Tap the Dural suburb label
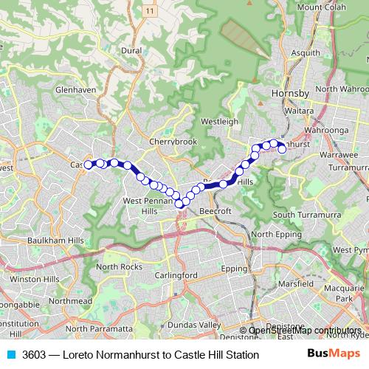(x=131, y=51)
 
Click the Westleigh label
(x=218, y=121)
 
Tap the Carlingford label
(x=177, y=275)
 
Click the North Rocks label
(x=118, y=266)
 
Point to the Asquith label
(x=306, y=53)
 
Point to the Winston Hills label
(x=34, y=280)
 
